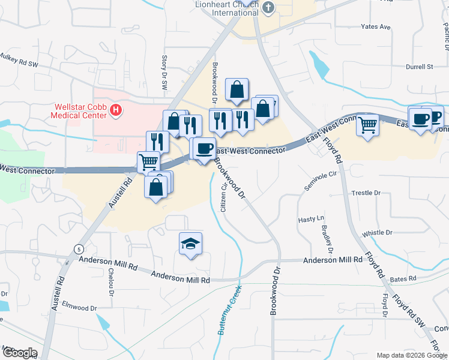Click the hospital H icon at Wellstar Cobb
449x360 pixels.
click(x=117, y=110)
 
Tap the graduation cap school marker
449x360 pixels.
click(x=190, y=244)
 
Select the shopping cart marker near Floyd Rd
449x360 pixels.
click(x=367, y=125)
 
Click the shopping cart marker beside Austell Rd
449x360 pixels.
click(x=148, y=161)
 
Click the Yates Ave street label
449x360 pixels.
click(x=375, y=27)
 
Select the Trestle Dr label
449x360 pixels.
click(x=366, y=193)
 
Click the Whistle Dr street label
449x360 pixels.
click(x=377, y=232)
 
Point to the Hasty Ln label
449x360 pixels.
click(x=311, y=219)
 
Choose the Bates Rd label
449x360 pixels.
click(x=403, y=279)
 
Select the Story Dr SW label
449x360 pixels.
click(x=164, y=73)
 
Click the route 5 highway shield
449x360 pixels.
click(x=78, y=248)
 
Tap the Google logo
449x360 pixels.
click(x=19, y=353)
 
